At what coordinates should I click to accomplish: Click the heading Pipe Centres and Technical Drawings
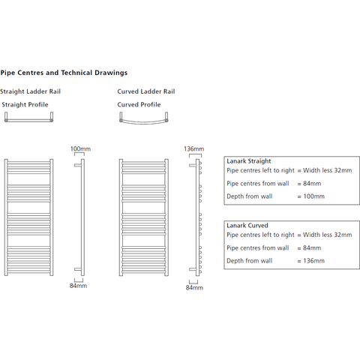(x=64, y=73)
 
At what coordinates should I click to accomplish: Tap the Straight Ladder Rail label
(x=30, y=91)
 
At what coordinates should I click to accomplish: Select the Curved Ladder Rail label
(x=146, y=91)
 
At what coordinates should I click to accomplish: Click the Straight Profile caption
(x=25, y=104)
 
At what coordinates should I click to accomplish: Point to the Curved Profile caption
(x=139, y=104)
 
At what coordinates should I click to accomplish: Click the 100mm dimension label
(x=80, y=148)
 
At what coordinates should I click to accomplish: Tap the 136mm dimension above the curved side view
(x=194, y=148)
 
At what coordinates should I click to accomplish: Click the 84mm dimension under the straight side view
(x=78, y=286)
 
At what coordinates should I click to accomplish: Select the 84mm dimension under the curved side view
(x=194, y=287)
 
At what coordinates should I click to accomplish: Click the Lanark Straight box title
(x=249, y=161)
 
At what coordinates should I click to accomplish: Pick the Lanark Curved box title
(x=247, y=226)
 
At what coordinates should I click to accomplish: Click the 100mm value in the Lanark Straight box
(x=314, y=196)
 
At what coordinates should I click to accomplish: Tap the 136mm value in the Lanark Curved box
(x=314, y=261)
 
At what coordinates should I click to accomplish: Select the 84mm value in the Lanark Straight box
(x=312, y=184)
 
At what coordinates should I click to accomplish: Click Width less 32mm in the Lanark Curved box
(x=328, y=235)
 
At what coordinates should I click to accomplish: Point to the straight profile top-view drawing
(x=28, y=120)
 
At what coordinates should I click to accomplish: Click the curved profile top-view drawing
(x=144, y=122)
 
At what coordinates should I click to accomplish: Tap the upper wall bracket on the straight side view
(x=78, y=165)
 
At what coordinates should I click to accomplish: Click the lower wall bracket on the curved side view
(x=193, y=269)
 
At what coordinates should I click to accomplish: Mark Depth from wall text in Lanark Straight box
(x=250, y=196)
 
